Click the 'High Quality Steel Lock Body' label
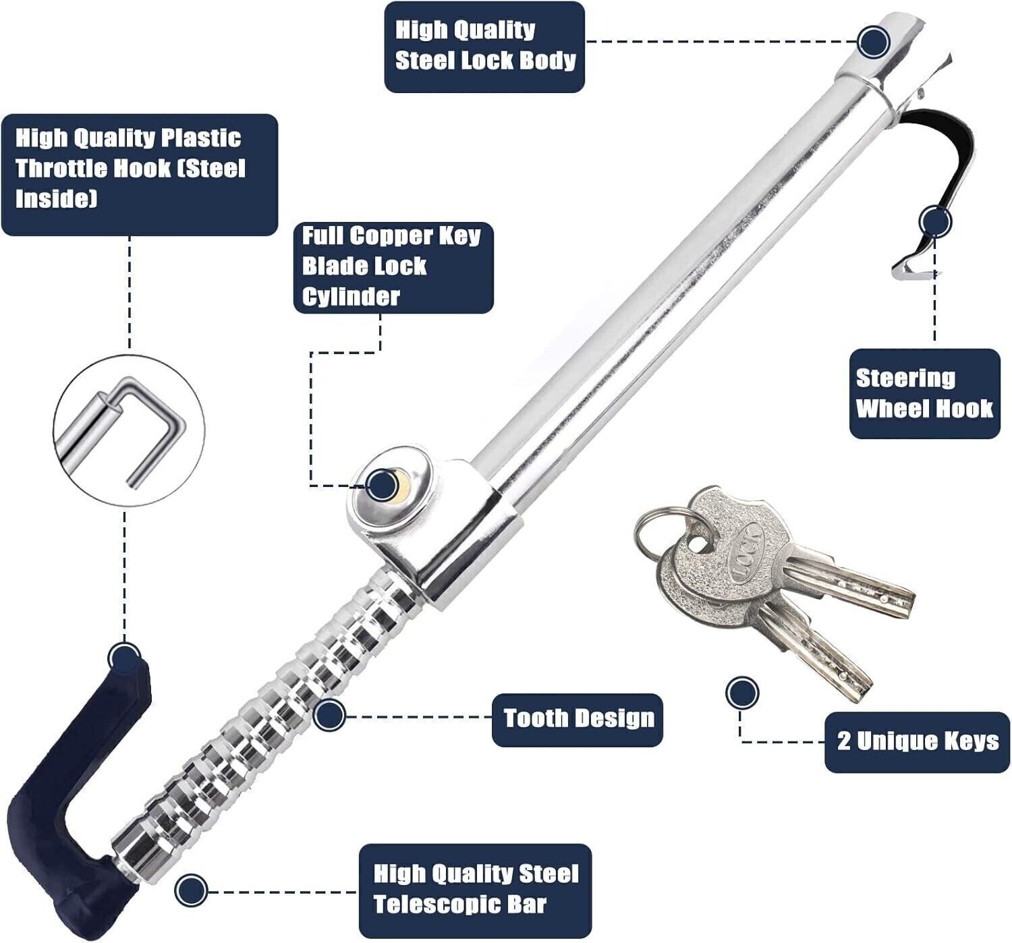pos(484,47)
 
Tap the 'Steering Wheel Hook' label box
pos(924,394)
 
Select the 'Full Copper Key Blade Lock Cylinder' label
pos(393,267)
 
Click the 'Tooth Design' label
pos(578,719)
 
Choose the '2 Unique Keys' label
pos(917,741)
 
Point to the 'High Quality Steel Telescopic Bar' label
pos(475,890)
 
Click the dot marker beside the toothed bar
pos(329,715)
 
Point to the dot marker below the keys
pos(742,693)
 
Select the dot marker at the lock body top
pos(874,41)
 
